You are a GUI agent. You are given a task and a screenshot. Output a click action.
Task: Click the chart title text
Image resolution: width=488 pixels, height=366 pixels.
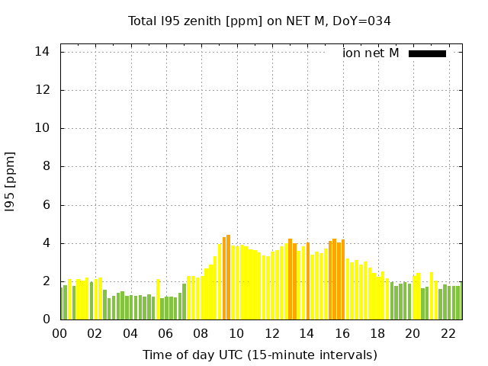259,21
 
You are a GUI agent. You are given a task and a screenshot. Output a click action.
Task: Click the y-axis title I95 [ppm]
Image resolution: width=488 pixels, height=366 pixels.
10,181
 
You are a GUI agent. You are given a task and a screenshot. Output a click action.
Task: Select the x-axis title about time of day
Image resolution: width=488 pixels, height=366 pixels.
259,355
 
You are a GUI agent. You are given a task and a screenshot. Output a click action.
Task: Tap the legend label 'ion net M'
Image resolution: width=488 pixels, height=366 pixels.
371,53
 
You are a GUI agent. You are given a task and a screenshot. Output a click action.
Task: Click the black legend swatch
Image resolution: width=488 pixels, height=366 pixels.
427,53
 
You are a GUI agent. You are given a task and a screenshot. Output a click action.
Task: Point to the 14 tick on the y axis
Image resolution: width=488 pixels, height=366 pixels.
43,52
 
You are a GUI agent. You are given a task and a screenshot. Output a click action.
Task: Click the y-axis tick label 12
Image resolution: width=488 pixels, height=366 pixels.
43,90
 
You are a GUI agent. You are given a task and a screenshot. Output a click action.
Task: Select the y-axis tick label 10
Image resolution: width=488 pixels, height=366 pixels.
43,128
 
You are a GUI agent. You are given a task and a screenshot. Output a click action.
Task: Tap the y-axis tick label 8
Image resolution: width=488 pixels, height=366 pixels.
47,166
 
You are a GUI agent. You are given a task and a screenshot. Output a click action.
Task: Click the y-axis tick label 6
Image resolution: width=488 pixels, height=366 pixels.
47,205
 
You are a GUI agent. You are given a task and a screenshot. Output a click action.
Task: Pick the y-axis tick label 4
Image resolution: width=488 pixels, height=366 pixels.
47,243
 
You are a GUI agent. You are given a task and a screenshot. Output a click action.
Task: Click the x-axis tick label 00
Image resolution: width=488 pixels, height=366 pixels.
60,333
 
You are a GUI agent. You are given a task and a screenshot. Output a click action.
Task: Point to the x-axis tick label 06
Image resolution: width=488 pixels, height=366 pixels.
166,333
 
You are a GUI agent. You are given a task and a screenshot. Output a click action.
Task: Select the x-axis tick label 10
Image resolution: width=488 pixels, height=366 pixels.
236,333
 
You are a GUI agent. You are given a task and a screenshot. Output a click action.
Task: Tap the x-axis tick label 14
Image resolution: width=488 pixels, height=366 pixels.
307,333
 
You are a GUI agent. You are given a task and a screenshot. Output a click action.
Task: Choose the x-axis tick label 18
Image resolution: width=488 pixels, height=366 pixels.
377,333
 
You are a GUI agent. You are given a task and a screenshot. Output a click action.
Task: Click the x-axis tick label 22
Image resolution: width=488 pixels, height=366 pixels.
448,333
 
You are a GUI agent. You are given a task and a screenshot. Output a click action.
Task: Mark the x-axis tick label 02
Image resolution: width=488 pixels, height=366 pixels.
95,333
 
